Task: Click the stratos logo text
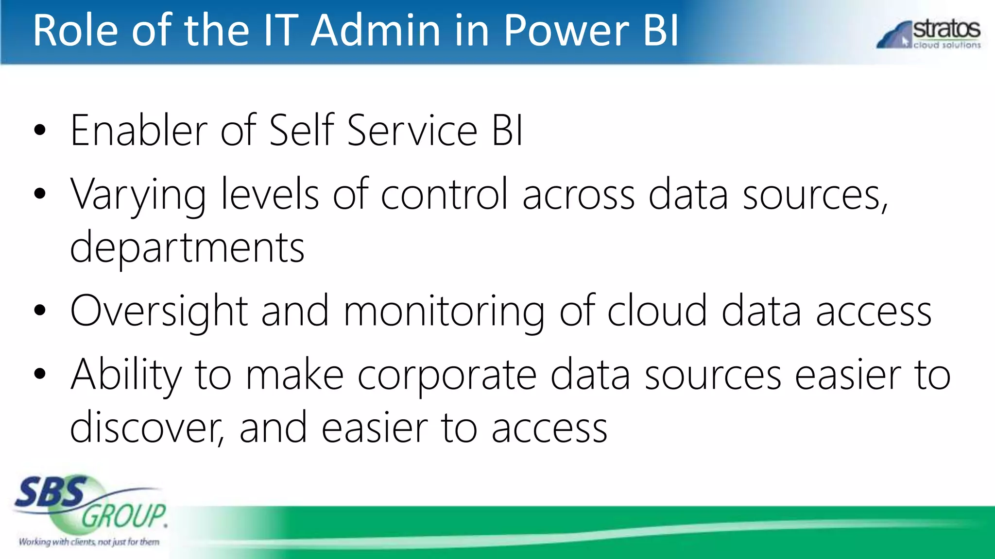coord(946,29)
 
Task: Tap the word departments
coord(187,248)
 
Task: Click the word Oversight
coord(159,312)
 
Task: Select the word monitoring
coord(444,312)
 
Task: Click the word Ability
coord(125,375)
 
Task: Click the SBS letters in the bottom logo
coord(51,492)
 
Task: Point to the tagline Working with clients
coord(89,542)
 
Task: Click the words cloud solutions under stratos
coord(947,45)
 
